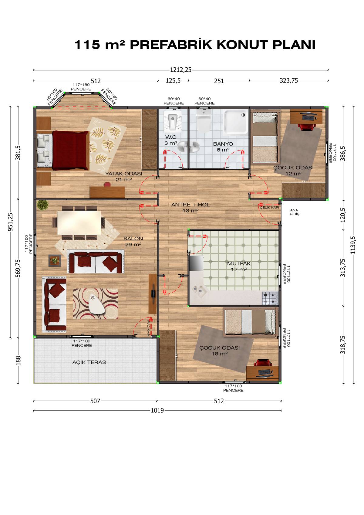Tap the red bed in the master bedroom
coord(70,150)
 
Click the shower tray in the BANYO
coord(236,122)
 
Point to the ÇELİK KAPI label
coord(269,208)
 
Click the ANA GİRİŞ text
coord(294,212)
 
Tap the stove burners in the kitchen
coord(270,298)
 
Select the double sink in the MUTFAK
coord(199,291)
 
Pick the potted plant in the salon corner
coord(42,205)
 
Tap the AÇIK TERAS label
coord(89,362)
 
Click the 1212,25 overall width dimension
coord(180,70)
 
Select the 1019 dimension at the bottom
coord(157,410)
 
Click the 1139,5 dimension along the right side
coord(353,245)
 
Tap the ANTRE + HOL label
coord(190,207)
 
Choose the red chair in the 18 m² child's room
coord(263,363)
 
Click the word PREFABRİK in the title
coord(171,45)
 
